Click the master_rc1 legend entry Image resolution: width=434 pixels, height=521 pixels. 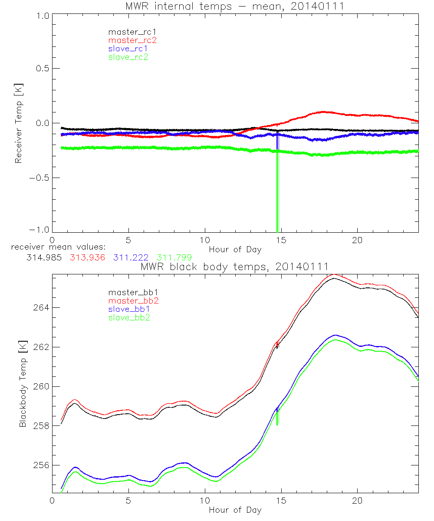point(128,32)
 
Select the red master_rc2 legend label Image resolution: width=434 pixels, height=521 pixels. point(132,40)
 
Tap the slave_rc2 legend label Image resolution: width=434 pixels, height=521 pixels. point(128,57)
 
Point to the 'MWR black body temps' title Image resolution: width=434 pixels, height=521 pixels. point(234,266)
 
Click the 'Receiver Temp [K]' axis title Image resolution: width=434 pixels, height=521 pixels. point(19,124)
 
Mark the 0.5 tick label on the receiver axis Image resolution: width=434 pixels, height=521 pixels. point(42,69)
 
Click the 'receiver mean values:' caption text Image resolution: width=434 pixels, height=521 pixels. point(56,247)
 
